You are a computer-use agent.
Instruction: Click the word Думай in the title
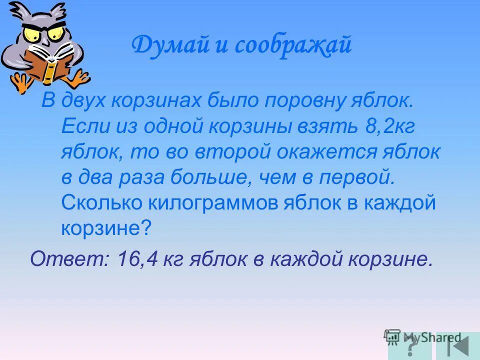tap(163, 46)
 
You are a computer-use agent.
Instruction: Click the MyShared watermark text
tap(431, 337)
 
